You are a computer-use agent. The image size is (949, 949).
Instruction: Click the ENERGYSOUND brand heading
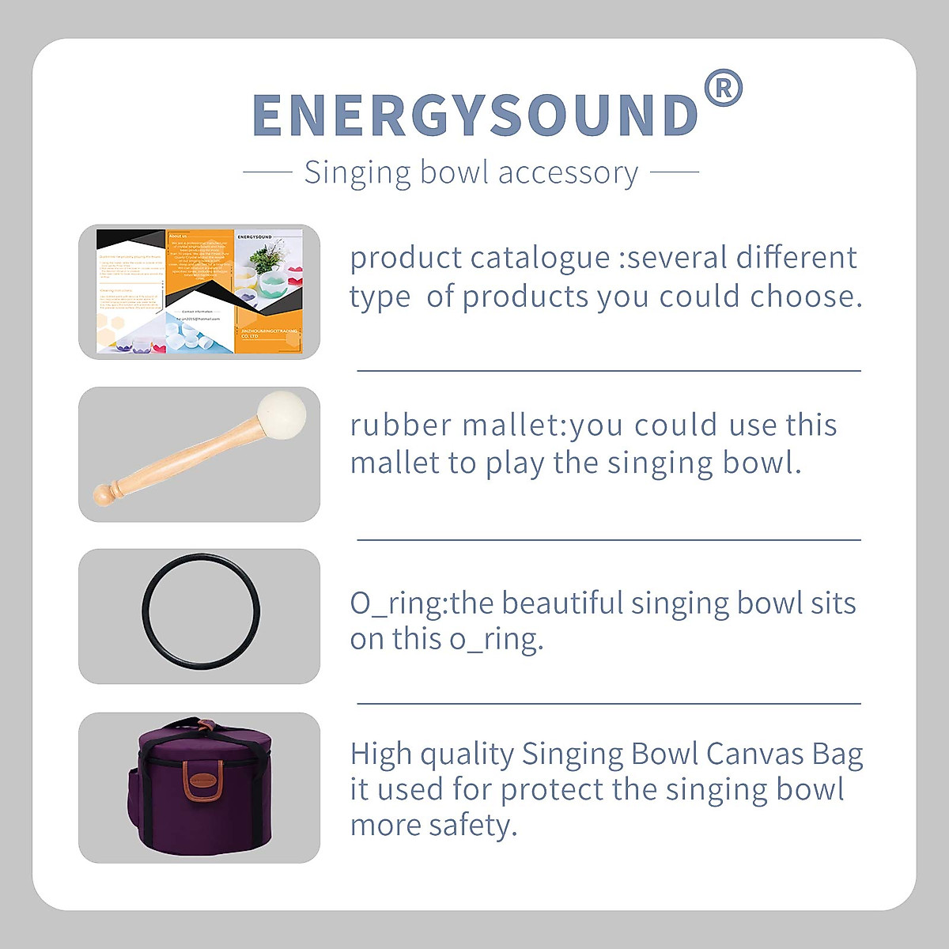click(475, 115)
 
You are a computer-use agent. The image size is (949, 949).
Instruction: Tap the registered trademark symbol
click(723, 88)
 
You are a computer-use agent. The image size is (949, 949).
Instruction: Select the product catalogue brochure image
click(199, 291)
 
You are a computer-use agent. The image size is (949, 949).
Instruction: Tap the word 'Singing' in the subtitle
click(357, 172)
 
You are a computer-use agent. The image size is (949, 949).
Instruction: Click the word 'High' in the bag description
click(380, 754)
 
